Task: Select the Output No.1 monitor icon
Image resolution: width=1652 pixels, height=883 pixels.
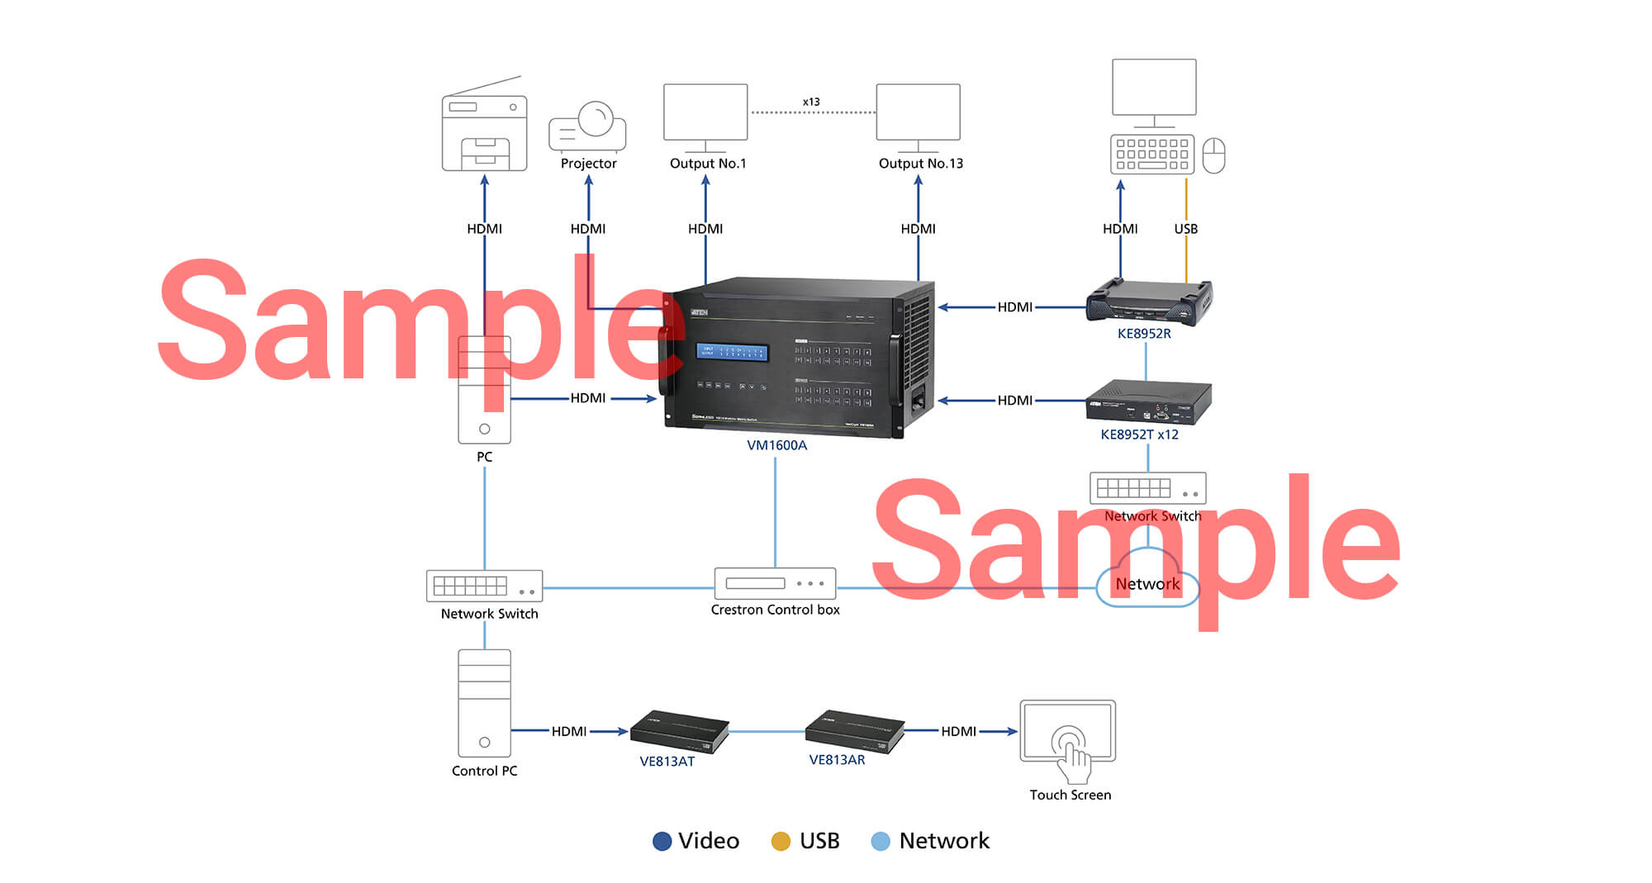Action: tap(705, 113)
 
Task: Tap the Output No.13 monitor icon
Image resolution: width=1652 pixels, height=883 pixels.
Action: tap(918, 113)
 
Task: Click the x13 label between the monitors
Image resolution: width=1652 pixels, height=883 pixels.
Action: tap(811, 102)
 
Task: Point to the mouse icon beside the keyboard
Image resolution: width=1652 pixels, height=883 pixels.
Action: tap(1213, 155)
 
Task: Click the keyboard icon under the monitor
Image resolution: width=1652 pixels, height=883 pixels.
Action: tap(1151, 154)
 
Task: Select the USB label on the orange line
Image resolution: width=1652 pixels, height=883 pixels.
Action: tap(1185, 229)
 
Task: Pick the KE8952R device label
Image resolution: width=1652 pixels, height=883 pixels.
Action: tap(1144, 334)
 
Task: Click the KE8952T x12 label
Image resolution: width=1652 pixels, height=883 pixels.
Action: tap(1139, 434)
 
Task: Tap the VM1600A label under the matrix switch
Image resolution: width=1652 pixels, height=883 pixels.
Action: tap(776, 445)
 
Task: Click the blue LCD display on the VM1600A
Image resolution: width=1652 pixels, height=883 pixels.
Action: tap(732, 352)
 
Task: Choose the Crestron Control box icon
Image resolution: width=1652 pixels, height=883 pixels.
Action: tap(775, 583)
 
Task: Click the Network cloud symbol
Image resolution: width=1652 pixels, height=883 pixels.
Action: tap(1147, 582)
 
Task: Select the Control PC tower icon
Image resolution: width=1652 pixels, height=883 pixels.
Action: tap(484, 703)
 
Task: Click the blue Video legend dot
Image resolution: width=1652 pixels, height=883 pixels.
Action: tap(662, 841)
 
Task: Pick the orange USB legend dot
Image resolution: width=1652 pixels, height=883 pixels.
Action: tap(781, 841)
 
